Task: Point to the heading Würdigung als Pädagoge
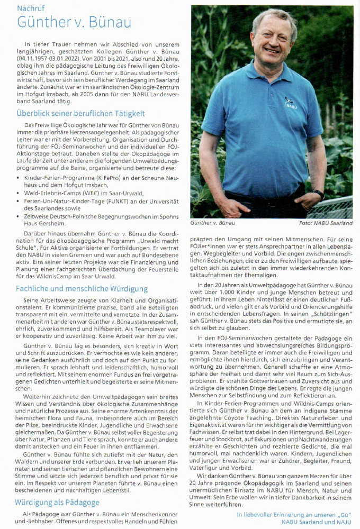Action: tap(57, 502)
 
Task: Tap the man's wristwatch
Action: tap(318, 194)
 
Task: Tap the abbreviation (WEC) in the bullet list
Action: tap(95, 193)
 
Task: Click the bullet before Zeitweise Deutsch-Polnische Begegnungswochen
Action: tap(20, 216)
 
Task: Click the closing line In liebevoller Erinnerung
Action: tap(294, 514)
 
